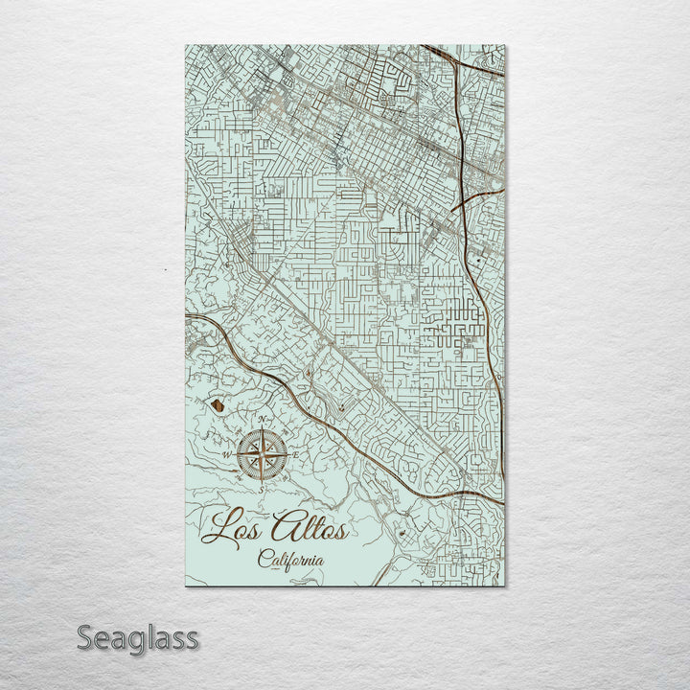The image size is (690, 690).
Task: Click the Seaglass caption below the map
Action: click(x=137, y=637)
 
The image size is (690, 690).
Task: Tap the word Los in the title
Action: click(x=238, y=528)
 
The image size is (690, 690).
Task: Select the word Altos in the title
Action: click(x=310, y=527)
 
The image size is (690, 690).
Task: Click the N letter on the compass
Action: click(x=262, y=421)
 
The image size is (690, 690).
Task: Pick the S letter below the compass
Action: click(x=261, y=488)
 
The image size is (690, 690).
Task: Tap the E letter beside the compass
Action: click(x=296, y=454)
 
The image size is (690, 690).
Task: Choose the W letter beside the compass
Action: click(x=227, y=454)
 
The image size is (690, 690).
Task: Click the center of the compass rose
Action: click(x=262, y=454)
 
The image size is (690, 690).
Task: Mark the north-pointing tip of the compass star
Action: click(x=262, y=428)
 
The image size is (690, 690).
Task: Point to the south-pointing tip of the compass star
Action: click(x=262, y=480)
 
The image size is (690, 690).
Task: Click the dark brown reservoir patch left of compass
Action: click(x=219, y=407)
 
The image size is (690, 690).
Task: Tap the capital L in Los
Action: click(x=220, y=528)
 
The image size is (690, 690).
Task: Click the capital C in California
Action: click(x=264, y=560)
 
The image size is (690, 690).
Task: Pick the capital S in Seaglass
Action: click(x=85, y=637)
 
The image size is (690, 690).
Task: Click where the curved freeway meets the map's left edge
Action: click(x=186, y=314)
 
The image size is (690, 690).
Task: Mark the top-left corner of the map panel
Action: click(x=185, y=45)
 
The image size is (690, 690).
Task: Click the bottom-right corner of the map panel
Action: click(x=505, y=586)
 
